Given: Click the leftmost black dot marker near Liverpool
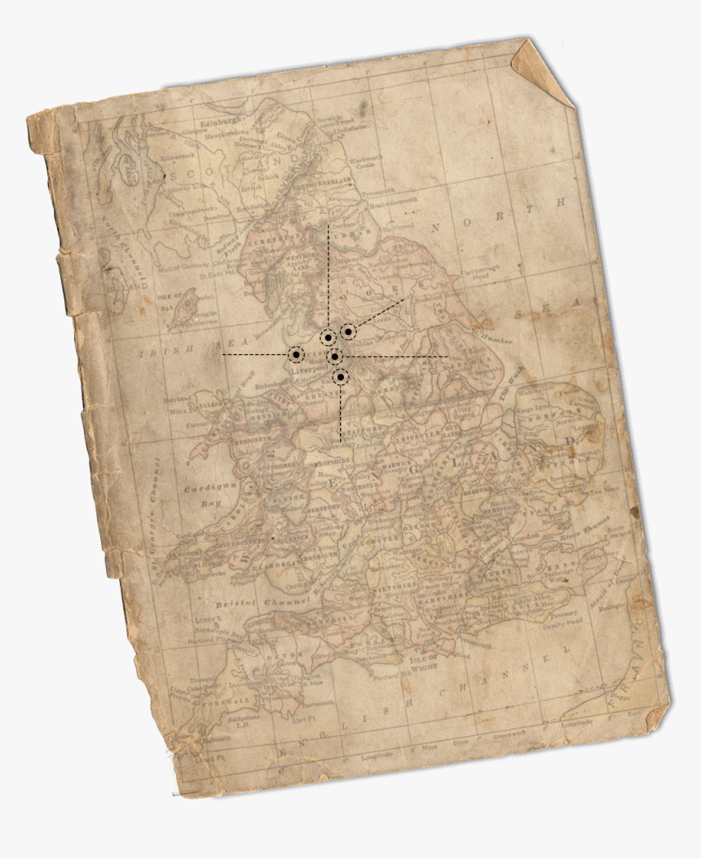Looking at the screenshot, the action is point(296,355).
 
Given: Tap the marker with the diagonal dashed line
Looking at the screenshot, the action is point(348,331).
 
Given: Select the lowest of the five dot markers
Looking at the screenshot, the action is point(341,377).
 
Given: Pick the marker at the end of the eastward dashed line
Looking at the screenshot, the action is point(334,356).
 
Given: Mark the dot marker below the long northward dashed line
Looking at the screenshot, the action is point(327,338).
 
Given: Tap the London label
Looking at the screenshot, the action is point(522,536).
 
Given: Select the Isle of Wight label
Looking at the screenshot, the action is point(423,659).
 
